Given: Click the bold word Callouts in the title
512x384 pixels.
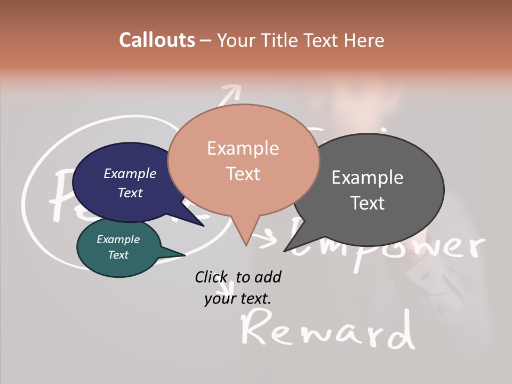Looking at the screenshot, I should pos(157,40).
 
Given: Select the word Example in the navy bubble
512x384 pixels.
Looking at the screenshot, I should pos(130,174).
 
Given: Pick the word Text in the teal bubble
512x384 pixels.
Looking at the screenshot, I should pos(118,255).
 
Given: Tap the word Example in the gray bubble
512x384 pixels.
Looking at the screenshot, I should pos(367,178).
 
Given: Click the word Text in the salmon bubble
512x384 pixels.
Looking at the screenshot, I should pos(243,174).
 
